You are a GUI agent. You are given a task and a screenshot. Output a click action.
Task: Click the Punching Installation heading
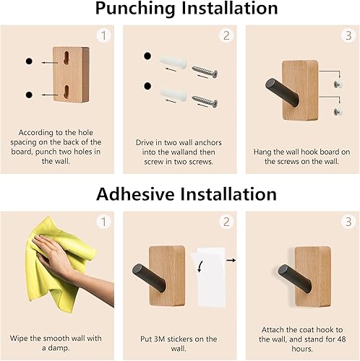[179, 9]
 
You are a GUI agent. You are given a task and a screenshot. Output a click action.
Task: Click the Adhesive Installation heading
[179, 194]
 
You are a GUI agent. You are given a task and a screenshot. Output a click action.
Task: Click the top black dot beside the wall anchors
[148, 56]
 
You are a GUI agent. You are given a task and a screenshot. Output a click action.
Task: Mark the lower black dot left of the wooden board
[28, 95]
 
